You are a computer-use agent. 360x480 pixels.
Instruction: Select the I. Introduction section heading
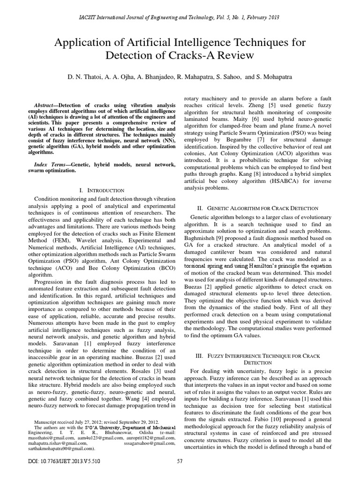102,191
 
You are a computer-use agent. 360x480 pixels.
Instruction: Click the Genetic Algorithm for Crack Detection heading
263,208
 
